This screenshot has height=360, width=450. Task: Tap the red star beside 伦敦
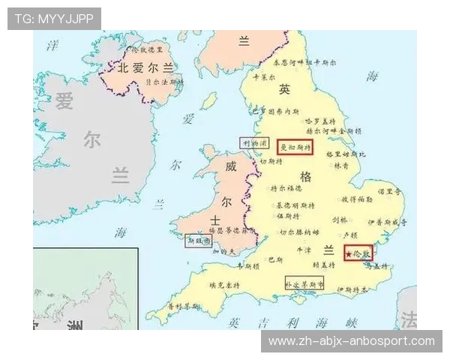pos(349,255)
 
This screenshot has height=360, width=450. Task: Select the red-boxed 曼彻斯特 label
pos(295,147)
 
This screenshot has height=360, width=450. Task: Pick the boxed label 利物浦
pos(254,142)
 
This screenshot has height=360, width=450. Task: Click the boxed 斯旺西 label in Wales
pos(198,241)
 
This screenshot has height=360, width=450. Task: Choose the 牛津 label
pos(304,249)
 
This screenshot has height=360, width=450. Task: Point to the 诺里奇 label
pos(390,192)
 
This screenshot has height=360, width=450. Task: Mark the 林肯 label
pos(340,165)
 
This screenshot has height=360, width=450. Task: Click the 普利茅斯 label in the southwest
pos(183,307)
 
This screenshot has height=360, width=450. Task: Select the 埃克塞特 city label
pos(223,285)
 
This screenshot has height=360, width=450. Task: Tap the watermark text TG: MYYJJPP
pos(53,18)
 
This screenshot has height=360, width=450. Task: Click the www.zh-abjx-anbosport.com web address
pos(351,341)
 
